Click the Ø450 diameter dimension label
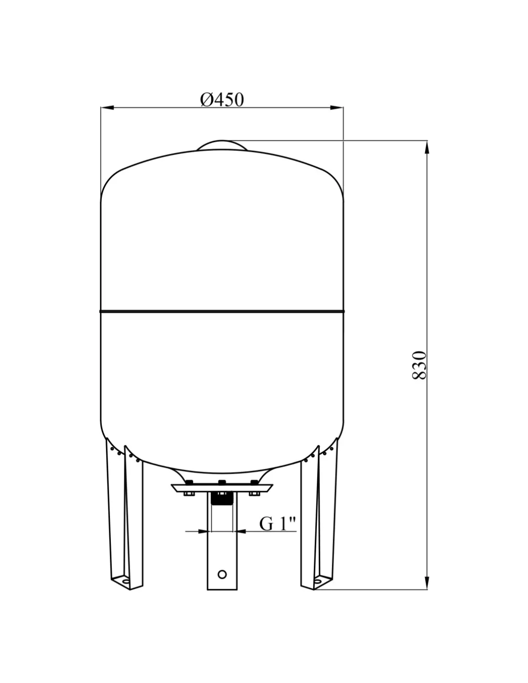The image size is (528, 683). pyautogui.click(x=222, y=99)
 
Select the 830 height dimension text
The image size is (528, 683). pyautogui.click(x=419, y=365)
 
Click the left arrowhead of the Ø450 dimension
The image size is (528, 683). pyautogui.click(x=107, y=108)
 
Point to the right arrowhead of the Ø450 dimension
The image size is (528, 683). pyautogui.click(x=336, y=108)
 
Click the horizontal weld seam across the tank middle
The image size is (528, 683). pyautogui.click(x=222, y=311)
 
